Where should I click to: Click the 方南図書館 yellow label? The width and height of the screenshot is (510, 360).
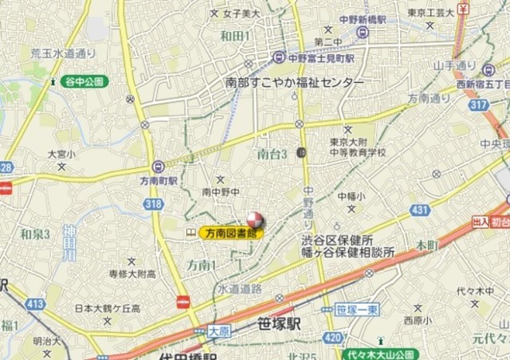pos(230,233)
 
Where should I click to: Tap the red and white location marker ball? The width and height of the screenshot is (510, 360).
pos(254,221)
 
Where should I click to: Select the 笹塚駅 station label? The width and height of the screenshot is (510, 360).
pos(279,324)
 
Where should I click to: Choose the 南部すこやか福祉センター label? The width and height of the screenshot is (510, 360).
pos(295,83)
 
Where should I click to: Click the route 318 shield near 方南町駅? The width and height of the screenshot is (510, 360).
pos(154,205)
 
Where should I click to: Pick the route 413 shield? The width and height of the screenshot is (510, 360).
pos(35,303)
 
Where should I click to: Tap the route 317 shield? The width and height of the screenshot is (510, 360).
pos(478,105)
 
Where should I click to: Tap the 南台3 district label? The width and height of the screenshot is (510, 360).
pos(273,153)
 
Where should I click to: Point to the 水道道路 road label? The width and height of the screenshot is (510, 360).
pos(240,288)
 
